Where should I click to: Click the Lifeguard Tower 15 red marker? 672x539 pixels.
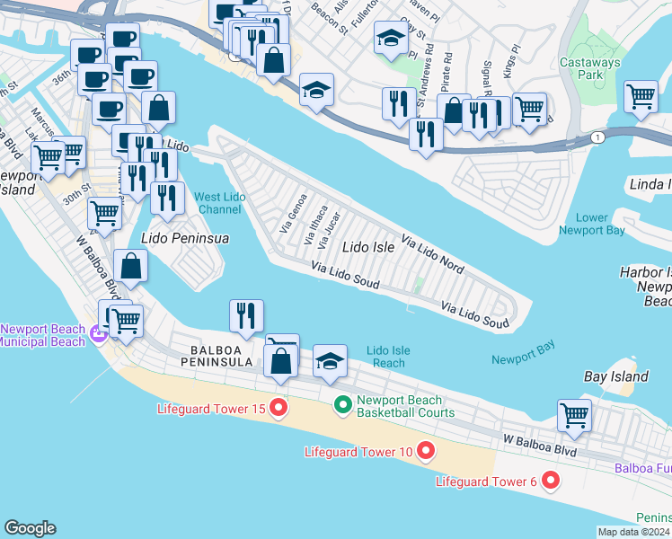(278, 409)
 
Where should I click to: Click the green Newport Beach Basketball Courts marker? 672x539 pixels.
(342, 406)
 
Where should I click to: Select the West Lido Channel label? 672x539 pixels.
(217, 203)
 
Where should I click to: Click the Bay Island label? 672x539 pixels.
(615, 376)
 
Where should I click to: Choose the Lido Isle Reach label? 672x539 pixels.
(387, 357)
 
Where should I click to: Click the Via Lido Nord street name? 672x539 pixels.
(432, 255)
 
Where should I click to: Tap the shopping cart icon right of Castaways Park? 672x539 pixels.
(641, 95)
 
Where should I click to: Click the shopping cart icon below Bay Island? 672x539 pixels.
(574, 414)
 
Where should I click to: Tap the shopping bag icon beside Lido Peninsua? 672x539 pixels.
(131, 265)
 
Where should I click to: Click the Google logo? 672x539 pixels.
(29, 528)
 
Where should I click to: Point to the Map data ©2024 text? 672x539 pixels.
(633, 532)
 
